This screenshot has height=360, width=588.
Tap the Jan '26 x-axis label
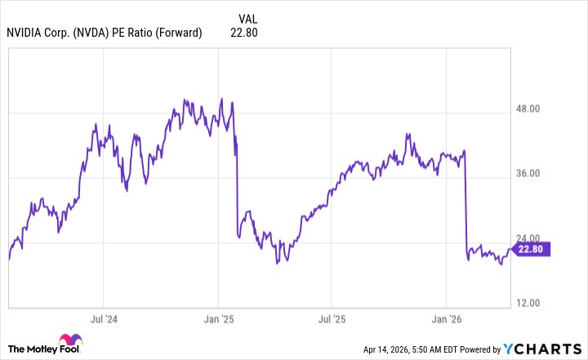[x=446, y=318]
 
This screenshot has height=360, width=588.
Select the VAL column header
[x=250, y=18]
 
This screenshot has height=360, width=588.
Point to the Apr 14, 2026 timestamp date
[x=390, y=350]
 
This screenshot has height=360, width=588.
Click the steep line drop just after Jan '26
[x=465, y=204]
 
